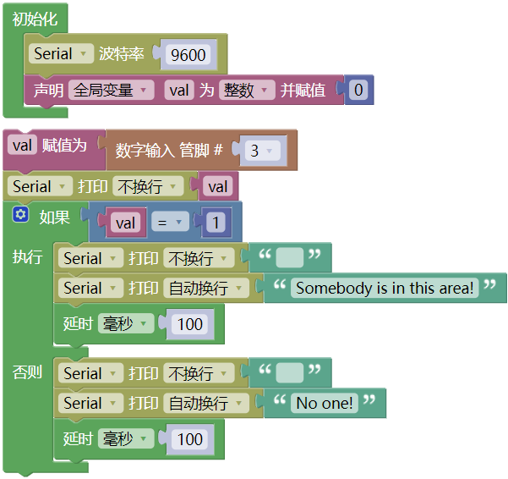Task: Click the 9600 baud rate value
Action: point(188,54)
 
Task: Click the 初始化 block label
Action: point(35,19)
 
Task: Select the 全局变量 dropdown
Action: point(111,90)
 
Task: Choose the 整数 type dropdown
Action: point(247,90)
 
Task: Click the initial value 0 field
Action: point(358,90)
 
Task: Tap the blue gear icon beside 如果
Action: point(21,214)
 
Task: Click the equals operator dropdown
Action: point(170,222)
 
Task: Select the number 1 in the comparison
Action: point(216,223)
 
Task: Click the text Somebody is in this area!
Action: point(385,288)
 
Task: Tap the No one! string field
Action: point(325,403)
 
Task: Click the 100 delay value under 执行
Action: point(190,324)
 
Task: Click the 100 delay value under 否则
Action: point(190,439)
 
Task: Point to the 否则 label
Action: point(27,372)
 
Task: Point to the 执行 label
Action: point(27,257)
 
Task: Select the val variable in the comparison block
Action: point(125,223)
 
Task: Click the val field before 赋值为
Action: point(22,146)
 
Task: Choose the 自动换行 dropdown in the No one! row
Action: point(206,403)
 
